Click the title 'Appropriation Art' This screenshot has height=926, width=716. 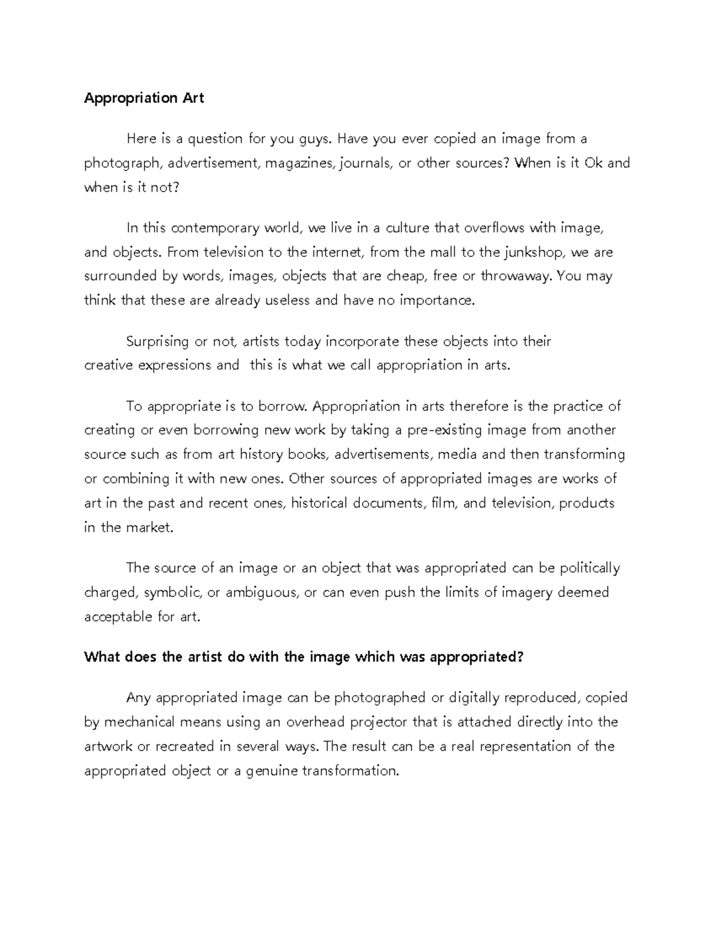click(x=144, y=98)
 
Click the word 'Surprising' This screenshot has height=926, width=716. click(x=158, y=342)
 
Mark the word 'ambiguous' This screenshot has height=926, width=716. click(x=261, y=592)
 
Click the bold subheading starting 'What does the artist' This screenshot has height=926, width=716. click(x=304, y=657)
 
